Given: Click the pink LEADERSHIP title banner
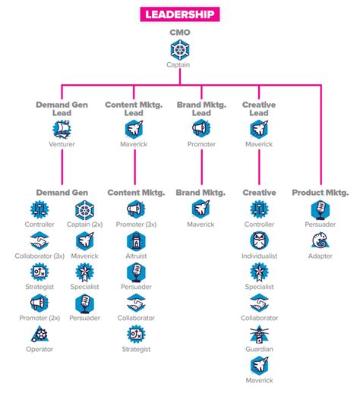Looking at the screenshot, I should coord(179,14).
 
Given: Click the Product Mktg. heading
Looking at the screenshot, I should coord(321,193).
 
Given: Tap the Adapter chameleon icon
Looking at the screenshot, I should coord(321,242).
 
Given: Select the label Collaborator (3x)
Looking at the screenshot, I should coord(40,256).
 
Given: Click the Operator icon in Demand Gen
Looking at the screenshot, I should coord(40,335).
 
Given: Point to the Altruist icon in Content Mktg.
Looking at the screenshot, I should coord(135,242).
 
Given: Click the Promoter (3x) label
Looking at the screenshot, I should coord(135,225).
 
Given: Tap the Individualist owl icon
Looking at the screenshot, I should coord(259,242).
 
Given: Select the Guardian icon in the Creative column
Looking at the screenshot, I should coord(259,335).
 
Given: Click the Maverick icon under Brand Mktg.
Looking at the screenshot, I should coord(201,209).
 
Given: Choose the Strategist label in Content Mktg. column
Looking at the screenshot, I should coord(135,349).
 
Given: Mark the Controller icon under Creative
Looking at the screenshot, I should coord(259,209).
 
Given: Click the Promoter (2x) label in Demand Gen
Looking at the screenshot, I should coord(40,318).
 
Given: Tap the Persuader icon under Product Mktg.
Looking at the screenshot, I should coord(321,209).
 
